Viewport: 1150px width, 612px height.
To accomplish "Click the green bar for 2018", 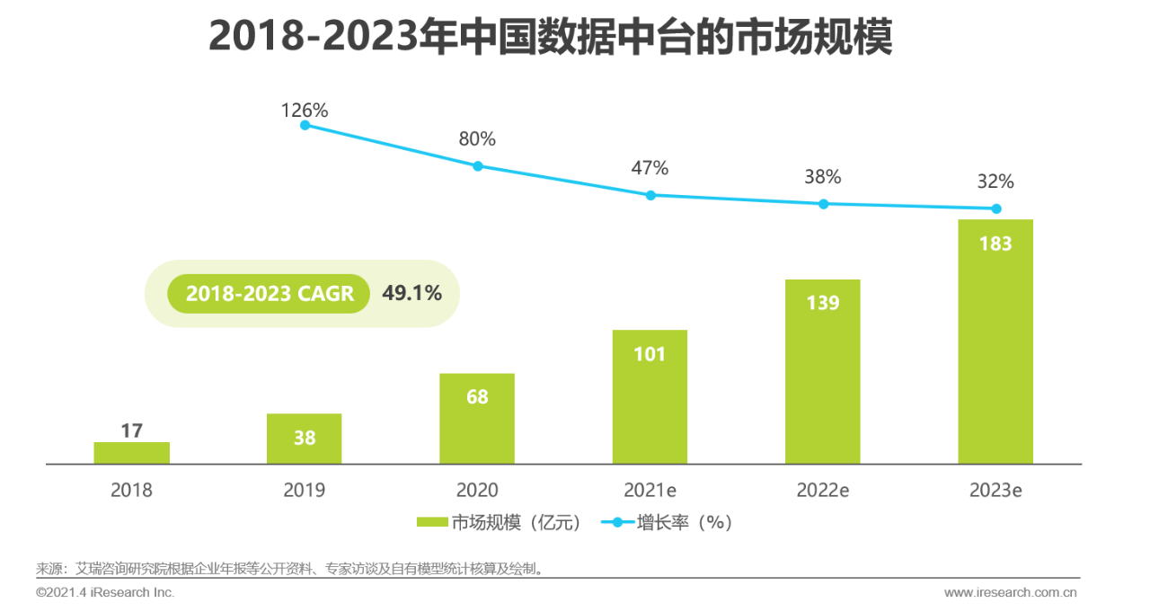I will coord(131,453).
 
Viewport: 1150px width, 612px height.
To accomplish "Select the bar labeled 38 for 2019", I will coord(304,439).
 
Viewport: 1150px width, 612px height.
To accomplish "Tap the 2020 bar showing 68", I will coord(477,419).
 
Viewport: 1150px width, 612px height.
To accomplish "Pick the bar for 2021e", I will coord(650,396).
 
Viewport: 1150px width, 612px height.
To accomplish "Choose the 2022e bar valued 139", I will coord(822,371).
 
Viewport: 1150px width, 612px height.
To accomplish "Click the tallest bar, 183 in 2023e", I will coord(995,341).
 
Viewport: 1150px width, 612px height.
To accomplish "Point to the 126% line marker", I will coord(305,125).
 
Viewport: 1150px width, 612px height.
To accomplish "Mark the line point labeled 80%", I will coord(478,166).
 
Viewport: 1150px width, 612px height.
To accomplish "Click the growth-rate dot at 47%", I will coord(650,195).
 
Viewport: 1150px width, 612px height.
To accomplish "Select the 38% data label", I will coord(822,177).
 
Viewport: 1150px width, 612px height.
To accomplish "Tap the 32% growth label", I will coord(995,182).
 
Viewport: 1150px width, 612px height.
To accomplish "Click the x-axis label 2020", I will coord(477,491).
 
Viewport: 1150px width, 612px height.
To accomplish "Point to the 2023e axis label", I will coord(995,491).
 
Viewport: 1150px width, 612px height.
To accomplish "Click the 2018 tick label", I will coord(131,491).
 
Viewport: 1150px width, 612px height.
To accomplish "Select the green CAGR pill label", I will coord(270,294).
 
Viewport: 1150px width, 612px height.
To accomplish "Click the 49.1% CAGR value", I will coord(411,293).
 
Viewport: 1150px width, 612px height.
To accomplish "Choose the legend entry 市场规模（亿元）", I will coord(500,522).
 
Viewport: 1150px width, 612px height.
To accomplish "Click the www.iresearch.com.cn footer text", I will coord(1010,592).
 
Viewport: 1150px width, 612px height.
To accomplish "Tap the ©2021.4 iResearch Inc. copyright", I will coord(105,592).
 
